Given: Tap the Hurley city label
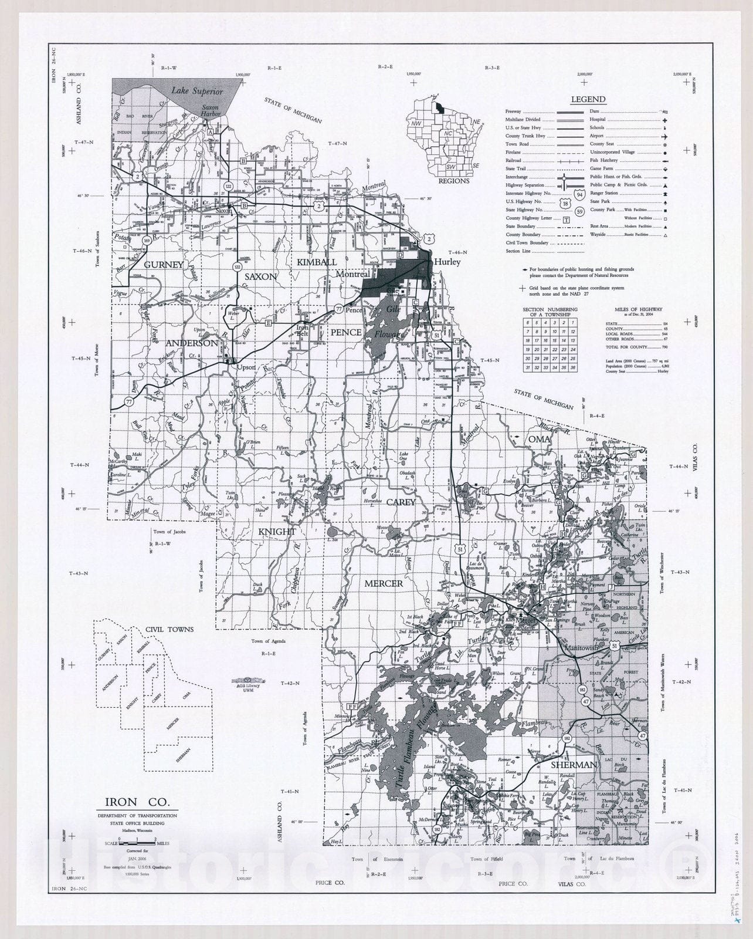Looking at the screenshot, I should tap(447, 262).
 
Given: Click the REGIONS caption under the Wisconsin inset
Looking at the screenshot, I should tap(454, 181).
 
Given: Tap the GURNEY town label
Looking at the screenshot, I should tap(165, 265).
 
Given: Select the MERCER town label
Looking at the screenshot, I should tap(384, 583).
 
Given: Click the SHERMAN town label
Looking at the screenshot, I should tap(573, 765).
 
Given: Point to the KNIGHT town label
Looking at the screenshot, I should tap(277, 531).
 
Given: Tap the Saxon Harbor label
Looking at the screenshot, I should tap(210, 110).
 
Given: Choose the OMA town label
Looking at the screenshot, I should tap(539, 439).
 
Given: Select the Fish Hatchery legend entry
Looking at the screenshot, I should tap(603, 160).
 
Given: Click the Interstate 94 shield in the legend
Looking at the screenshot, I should tap(579, 194).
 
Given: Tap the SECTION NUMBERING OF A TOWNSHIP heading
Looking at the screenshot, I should tap(550, 312).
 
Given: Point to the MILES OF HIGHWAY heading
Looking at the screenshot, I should tap(638, 309).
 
